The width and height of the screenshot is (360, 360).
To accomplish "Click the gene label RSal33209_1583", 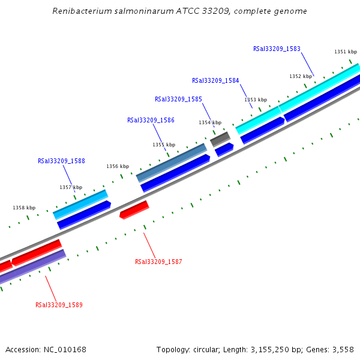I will coord(277,49).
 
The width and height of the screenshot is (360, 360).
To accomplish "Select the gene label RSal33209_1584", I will coord(215,80).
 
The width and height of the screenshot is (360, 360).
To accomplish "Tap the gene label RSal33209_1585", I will coord(178,99).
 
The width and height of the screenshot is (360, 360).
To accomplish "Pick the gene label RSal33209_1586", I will coord(151,120).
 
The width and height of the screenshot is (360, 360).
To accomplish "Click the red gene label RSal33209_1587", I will coord(158,262).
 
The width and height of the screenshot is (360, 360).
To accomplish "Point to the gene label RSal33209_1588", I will coord(61,161).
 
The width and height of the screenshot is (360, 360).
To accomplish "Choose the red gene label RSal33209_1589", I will coord(59,305).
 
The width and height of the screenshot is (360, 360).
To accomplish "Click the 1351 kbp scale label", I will coord(346,52).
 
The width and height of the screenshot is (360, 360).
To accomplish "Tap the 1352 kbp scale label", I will coord(301,76).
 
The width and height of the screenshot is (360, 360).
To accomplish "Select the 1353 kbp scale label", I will coord(255,100).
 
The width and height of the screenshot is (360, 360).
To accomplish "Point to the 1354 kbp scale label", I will coord(210,122).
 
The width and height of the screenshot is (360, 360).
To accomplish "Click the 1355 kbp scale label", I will coord(164,145).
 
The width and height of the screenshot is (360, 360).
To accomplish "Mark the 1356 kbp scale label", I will coord(118,166).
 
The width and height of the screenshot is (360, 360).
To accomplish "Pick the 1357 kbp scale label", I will coord(71,187).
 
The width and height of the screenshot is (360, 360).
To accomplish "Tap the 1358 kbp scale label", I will coord(24,208).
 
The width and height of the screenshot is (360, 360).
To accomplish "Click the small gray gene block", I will coord(220,139).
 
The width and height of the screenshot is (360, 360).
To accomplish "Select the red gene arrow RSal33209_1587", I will coord(134,209).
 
